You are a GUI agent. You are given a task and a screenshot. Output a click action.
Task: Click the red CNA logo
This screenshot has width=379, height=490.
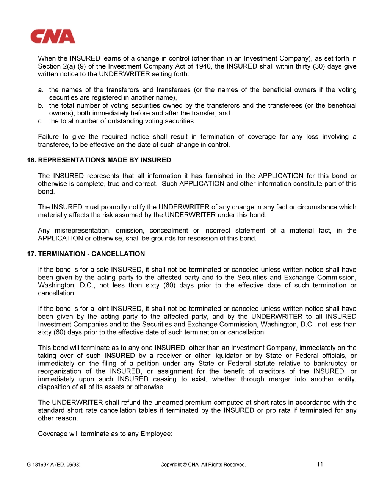tap(53, 36)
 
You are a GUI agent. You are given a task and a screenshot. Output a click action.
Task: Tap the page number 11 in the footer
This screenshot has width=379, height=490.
tap(320, 464)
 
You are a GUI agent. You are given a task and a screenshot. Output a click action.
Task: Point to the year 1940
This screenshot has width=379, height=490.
tap(204, 66)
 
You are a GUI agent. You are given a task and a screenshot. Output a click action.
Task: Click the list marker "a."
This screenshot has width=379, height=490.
tap(41, 90)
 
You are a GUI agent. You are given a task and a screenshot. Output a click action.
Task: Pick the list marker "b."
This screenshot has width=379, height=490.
tap(41, 105)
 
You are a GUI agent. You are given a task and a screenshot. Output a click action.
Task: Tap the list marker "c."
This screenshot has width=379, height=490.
tap(41, 121)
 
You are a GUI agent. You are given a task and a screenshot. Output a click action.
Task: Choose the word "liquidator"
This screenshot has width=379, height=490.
tap(227, 356)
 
